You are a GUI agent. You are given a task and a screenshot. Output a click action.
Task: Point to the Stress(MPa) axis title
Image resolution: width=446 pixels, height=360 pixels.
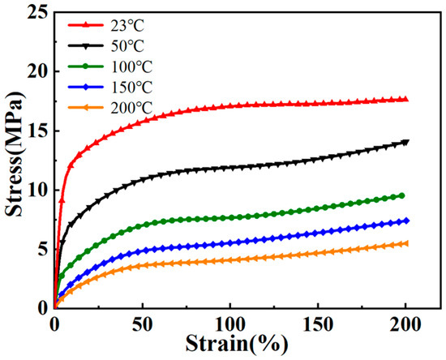[13, 161]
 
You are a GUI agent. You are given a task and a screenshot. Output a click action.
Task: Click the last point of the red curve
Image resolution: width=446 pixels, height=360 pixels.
[405, 99]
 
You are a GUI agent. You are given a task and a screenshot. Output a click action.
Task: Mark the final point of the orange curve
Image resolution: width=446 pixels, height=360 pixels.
[405, 243]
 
